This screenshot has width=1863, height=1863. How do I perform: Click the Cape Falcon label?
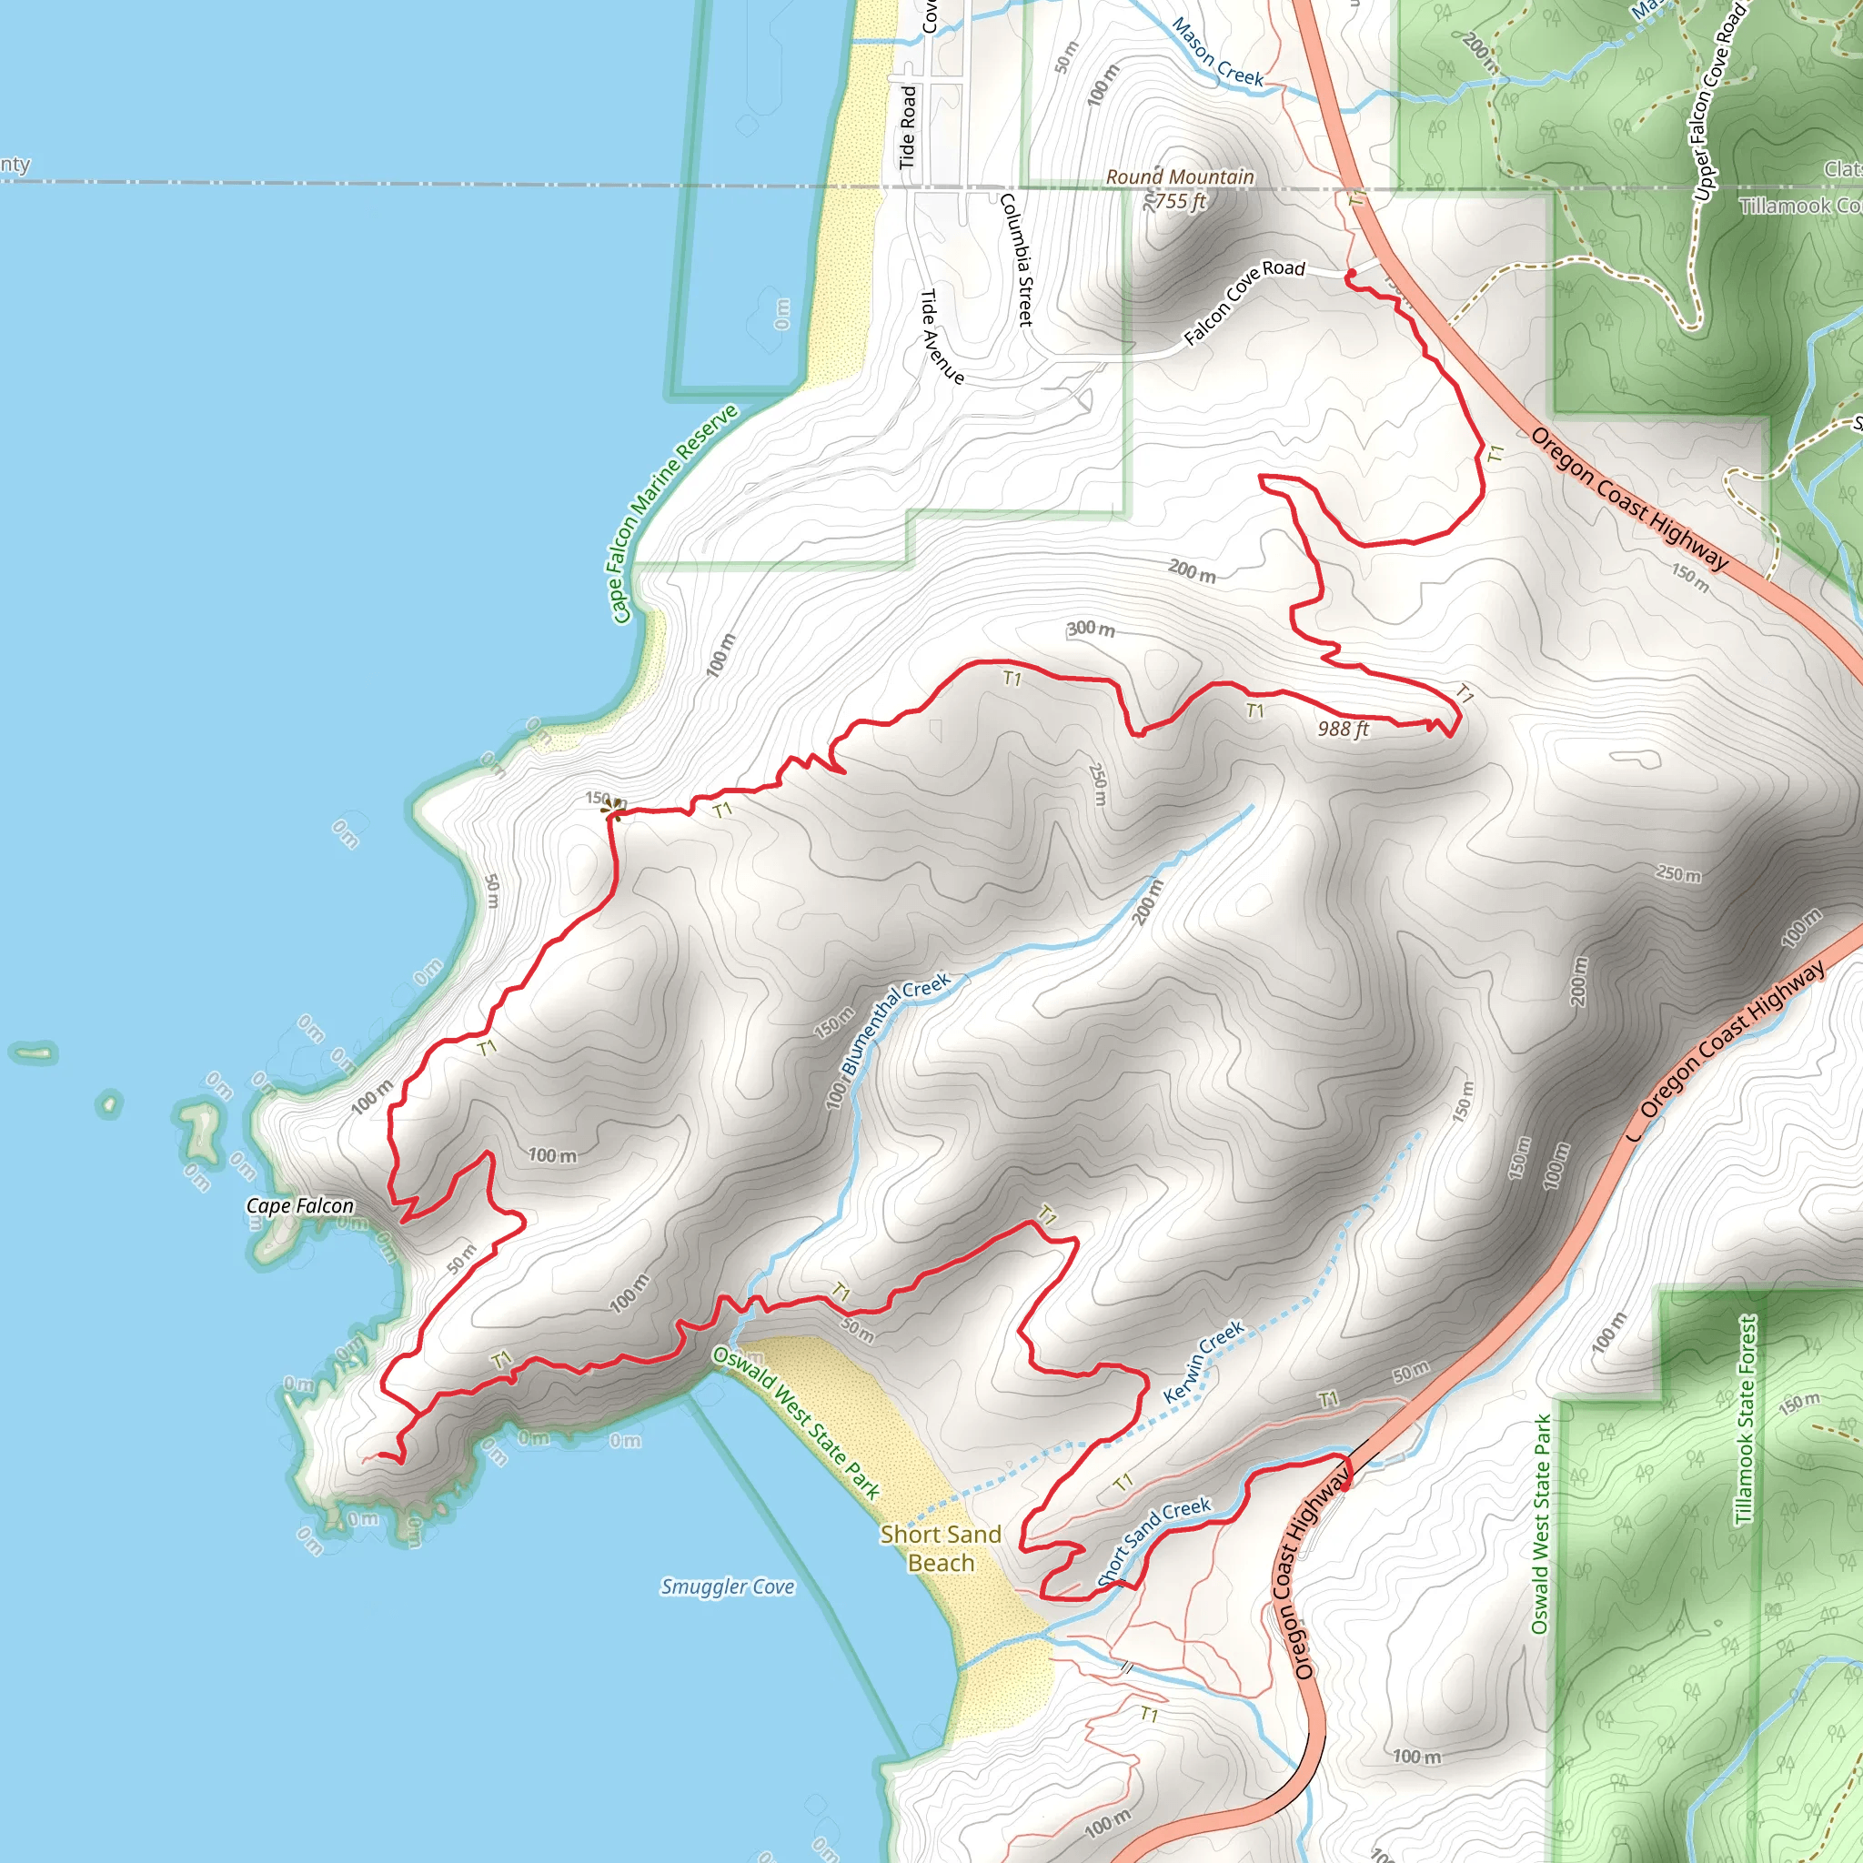pos(300,1205)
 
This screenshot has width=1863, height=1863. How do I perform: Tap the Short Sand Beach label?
pos(941,1547)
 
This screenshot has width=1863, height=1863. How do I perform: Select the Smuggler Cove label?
pos(727,1586)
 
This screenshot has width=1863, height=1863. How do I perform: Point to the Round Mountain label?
pos(1179,177)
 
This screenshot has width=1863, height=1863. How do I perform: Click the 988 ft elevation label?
pos(1344,729)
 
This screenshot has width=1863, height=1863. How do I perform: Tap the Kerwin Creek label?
pos(1203,1363)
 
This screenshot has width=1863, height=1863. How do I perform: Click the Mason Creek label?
pos(1217,53)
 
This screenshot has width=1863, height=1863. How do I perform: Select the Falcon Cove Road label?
pos(1244,301)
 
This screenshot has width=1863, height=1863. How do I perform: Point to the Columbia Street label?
pos(1016,258)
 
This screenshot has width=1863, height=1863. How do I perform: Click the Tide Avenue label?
pos(942,337)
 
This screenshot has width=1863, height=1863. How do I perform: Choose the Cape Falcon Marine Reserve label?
pos(674,513)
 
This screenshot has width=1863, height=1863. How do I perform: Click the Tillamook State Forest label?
pos(1745,1419)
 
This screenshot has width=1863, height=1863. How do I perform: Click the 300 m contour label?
pos(1091,629)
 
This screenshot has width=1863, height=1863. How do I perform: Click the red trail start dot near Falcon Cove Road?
pos(1351,275)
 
